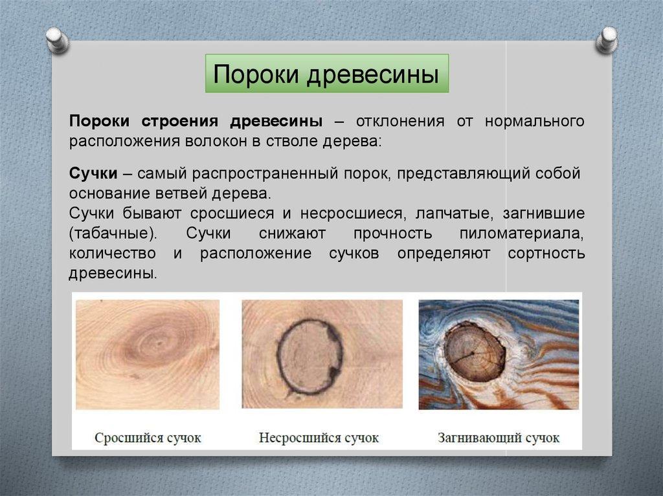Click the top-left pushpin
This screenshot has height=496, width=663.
58,40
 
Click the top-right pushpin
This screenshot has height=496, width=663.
607,40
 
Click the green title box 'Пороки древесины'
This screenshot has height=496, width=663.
327,73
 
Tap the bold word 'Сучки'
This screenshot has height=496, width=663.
93,173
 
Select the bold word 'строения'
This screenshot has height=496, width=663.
180,122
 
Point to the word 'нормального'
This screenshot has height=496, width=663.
534,122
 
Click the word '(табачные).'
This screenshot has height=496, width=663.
113,233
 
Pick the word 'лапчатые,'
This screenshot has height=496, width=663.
454,213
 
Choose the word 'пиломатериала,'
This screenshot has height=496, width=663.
521,233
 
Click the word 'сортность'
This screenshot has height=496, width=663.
546,253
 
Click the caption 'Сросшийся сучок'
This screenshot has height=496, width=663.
148,438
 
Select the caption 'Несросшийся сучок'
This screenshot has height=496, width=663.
319,438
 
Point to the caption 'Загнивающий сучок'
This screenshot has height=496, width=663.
499,438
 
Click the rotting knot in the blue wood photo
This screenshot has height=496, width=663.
475,352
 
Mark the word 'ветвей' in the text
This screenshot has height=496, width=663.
181,193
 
